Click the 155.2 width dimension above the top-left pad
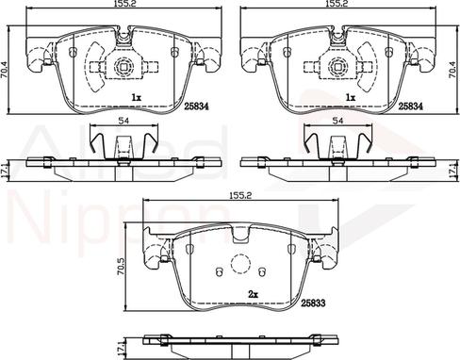click(117, 5)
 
